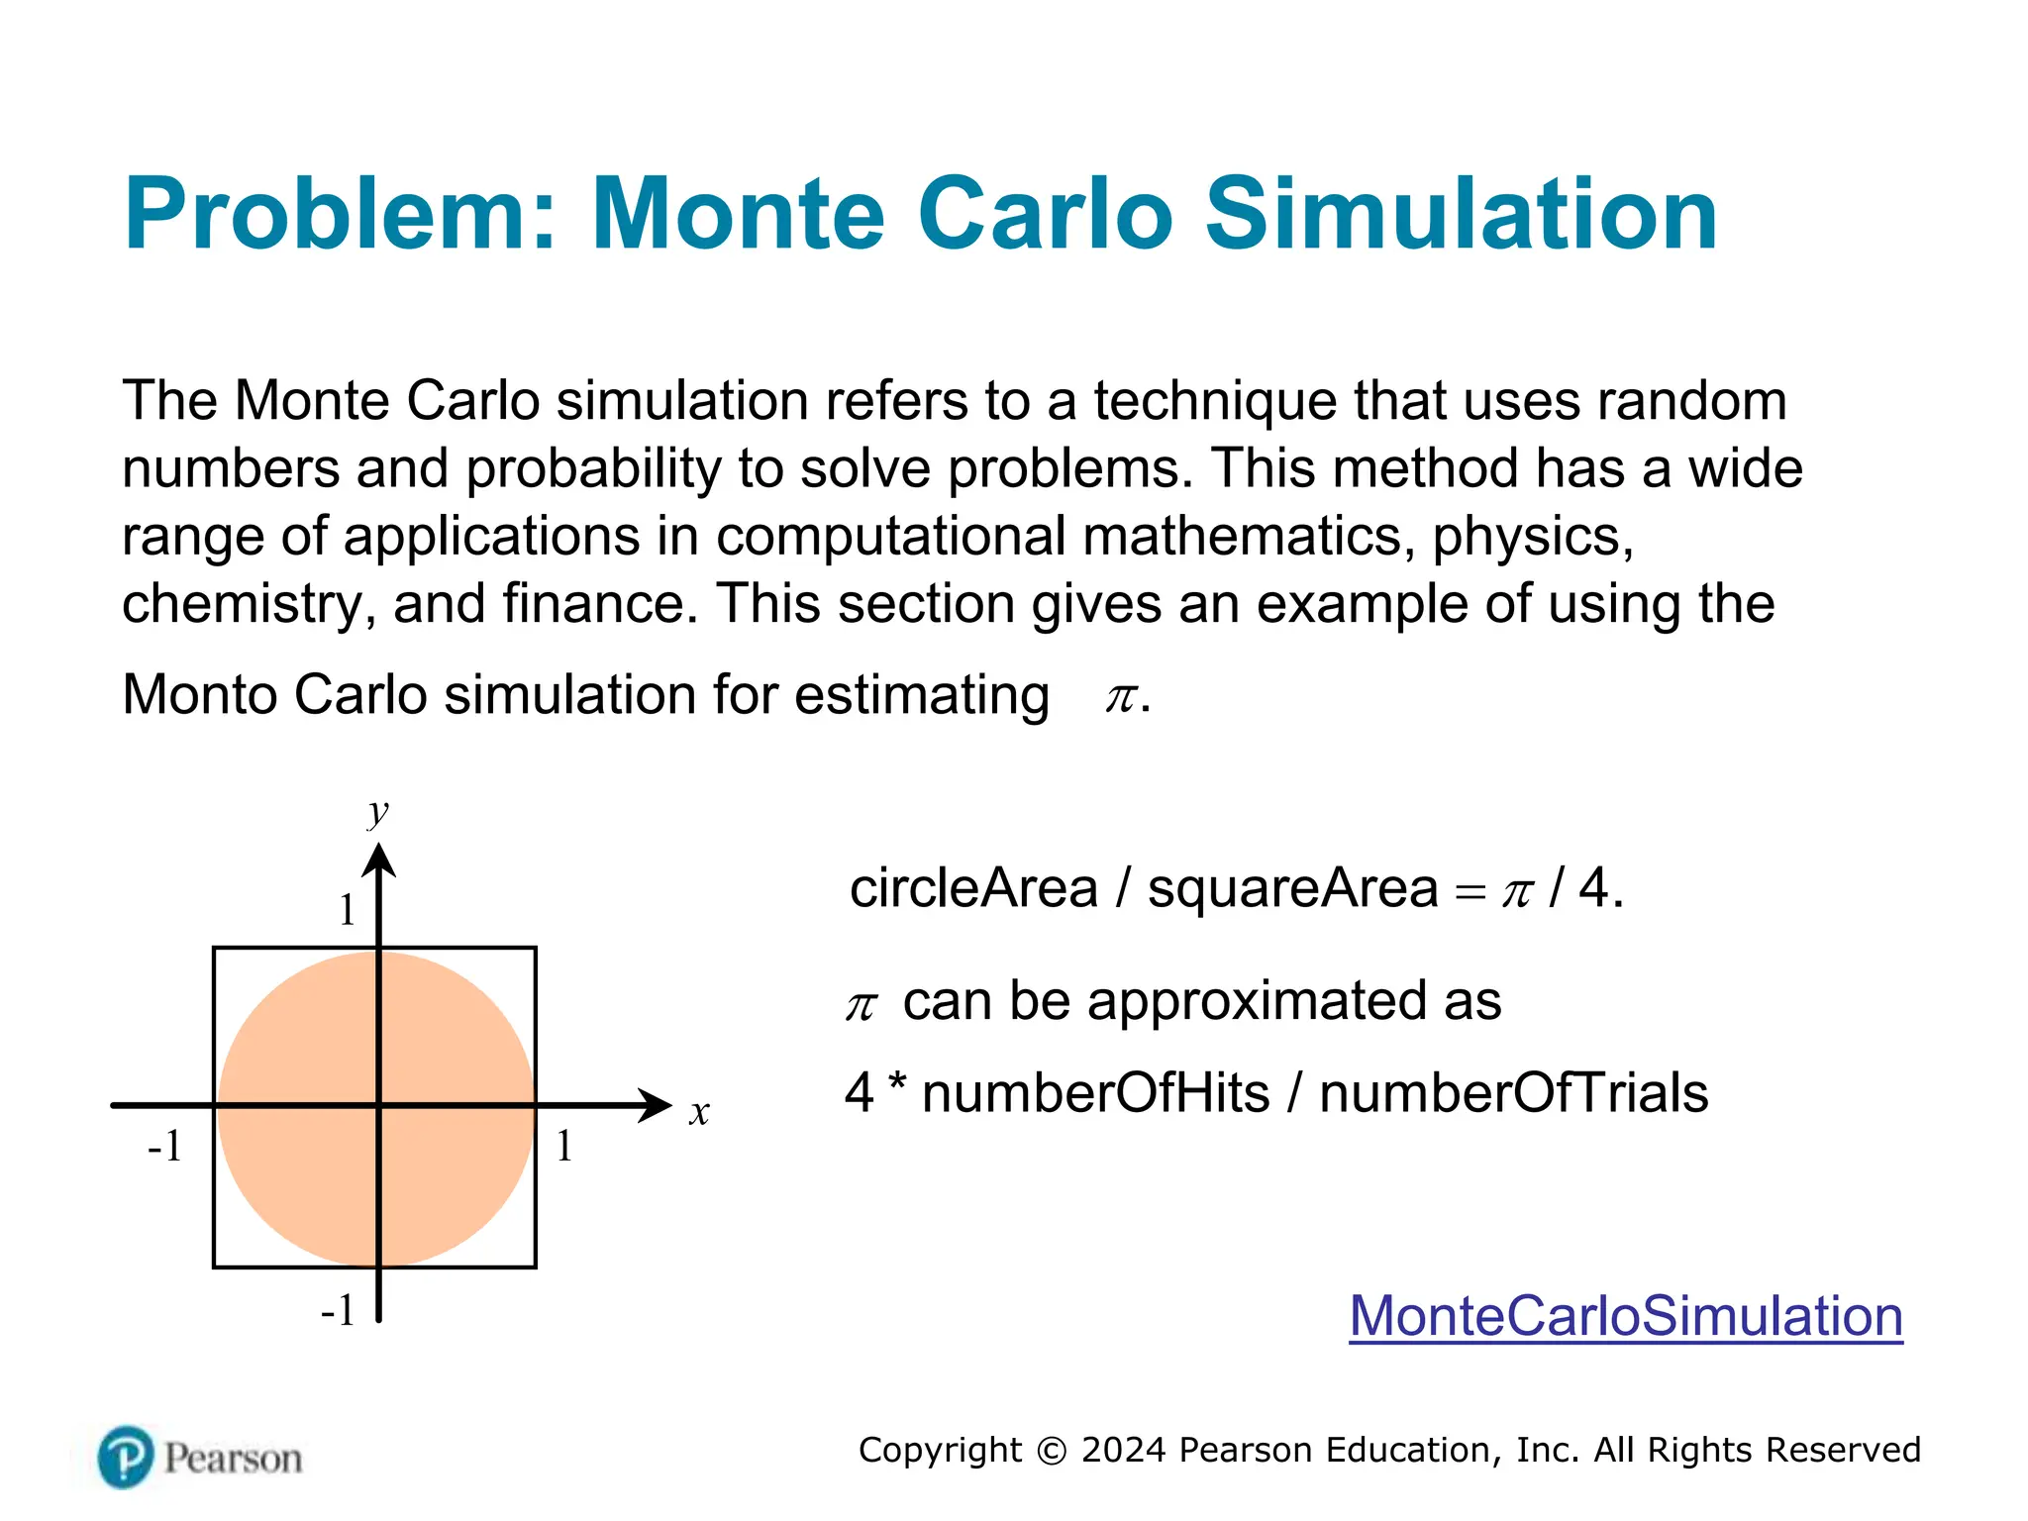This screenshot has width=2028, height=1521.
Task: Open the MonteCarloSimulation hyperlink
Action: [1625, 1316]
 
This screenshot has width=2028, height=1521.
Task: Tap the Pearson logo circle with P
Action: [126, 1457]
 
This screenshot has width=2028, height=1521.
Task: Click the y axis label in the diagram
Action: [377, 812]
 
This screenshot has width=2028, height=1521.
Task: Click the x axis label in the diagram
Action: [699, 1112]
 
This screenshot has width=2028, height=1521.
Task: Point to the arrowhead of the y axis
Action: [378, 860]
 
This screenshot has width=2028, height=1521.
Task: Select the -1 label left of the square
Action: [164, 1146]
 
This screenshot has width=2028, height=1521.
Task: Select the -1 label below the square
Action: [338, 1310]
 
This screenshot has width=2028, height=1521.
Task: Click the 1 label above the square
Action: [347, 909]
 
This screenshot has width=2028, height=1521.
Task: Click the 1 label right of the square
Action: [563, 1146]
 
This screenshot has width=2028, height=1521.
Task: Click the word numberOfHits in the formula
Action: [1095, 1093]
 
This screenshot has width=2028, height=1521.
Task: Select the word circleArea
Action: [973, 887]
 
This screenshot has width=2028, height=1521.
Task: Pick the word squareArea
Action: [1291, 887]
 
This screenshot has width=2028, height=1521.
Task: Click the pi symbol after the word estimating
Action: [1121, 697]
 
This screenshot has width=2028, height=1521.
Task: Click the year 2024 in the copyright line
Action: [1123, 1450]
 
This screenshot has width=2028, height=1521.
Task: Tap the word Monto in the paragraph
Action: [199, 694]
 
